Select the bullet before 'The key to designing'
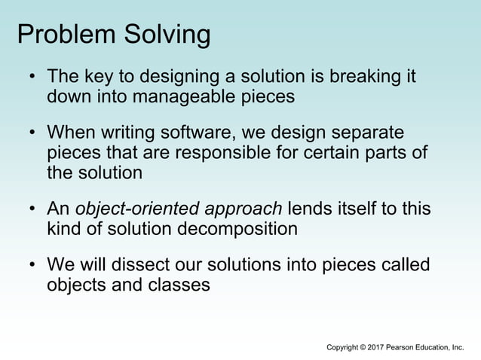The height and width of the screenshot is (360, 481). tap(32, 78)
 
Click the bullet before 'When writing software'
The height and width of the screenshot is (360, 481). tap(32, 134)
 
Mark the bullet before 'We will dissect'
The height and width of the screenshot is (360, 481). tap(32, 266)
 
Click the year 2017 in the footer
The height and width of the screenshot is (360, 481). tap(373, 347)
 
